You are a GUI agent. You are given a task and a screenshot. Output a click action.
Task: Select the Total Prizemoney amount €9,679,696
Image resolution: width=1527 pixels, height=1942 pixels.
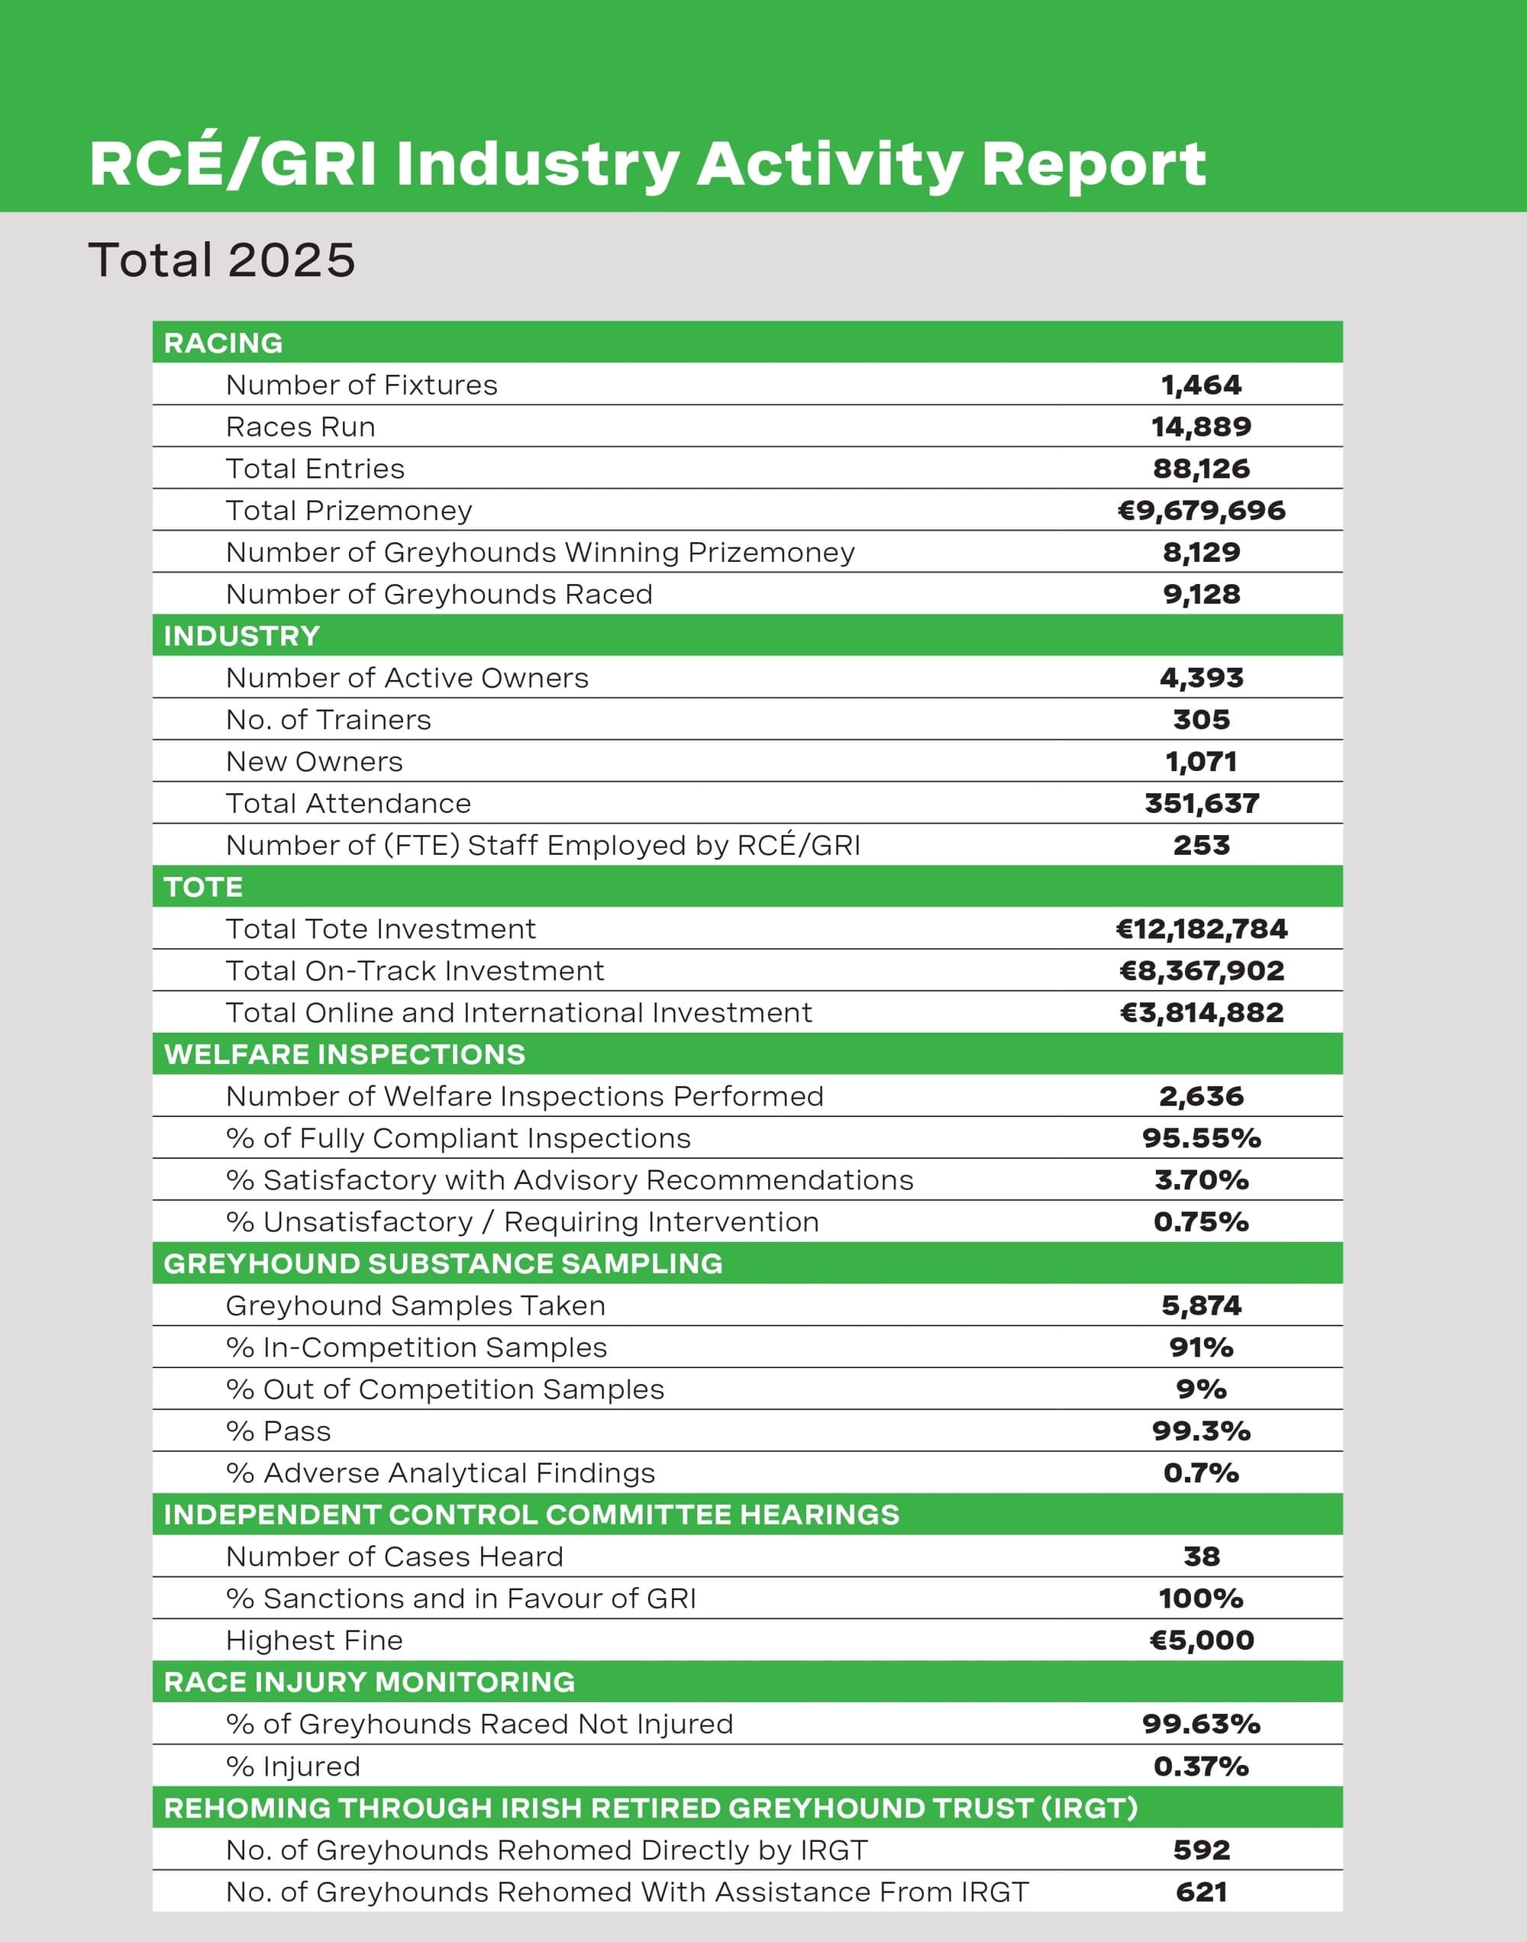[1201, 510]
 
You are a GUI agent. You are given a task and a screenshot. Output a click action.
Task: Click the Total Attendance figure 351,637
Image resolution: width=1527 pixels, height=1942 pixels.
[1201, 802]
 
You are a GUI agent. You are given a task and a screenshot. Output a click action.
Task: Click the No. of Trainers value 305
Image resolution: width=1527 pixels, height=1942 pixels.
[1201, 719]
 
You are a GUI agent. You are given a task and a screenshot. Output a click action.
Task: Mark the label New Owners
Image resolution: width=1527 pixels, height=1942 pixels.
[314, 761]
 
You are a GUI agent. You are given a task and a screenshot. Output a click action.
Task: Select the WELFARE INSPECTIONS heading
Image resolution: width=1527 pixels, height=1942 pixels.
[344, 1054]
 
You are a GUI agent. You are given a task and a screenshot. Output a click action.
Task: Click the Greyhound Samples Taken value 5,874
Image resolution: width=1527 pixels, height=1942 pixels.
[1201, 1305]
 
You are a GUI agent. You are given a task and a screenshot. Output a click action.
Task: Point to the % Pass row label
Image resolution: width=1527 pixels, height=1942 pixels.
[278, 1431]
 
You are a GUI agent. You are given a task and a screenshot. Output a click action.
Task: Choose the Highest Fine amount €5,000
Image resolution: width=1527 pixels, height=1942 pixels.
[1201, 1640]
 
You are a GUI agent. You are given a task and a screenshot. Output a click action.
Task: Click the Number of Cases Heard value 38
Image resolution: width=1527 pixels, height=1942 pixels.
[1201, 1556]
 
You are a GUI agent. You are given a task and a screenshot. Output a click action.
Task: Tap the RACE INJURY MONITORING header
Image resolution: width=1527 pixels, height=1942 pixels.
[370, 1682]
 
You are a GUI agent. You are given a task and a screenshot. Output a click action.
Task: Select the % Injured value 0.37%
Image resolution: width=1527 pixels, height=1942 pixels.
[1201, 1766]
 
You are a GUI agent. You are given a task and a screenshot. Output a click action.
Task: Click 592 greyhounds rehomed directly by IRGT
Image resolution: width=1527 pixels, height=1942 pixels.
[1201, 1850]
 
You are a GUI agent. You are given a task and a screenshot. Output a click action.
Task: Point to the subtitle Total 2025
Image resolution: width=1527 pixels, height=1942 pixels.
[221, 260]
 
